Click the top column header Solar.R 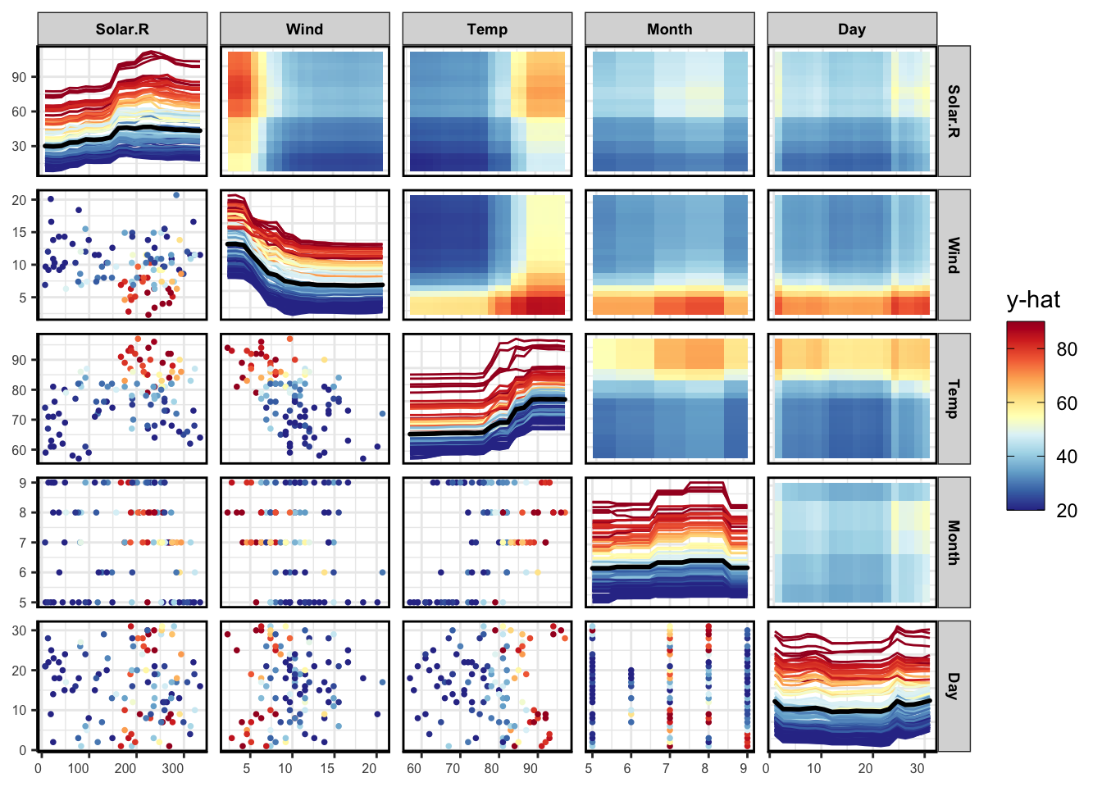click(x=122, y=30)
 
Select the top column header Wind click(x=304, y=30)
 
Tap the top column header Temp click(x=487, y=30)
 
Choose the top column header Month click(x=669, y=30)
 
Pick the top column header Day click(x=852, y=30)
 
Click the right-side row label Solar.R click(x=954, y=111)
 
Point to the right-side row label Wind click(x=954, y=255)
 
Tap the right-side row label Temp click(x=954, y=398)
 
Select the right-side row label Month click(x=954, y=542)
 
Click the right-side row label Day click(x=954, y=686)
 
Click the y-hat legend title click(x=1033, y=300)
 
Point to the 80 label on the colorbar click(x=1067, y=349)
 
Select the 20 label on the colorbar click(x=1067, y=511)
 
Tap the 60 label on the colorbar click(x=1067, y=403)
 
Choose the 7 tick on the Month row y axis click(x=24, y=543)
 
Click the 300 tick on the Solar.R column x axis click(x=173, y=769)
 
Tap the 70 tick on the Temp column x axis click(x=453, y=769)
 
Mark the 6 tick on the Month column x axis click(x=628, y=769)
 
